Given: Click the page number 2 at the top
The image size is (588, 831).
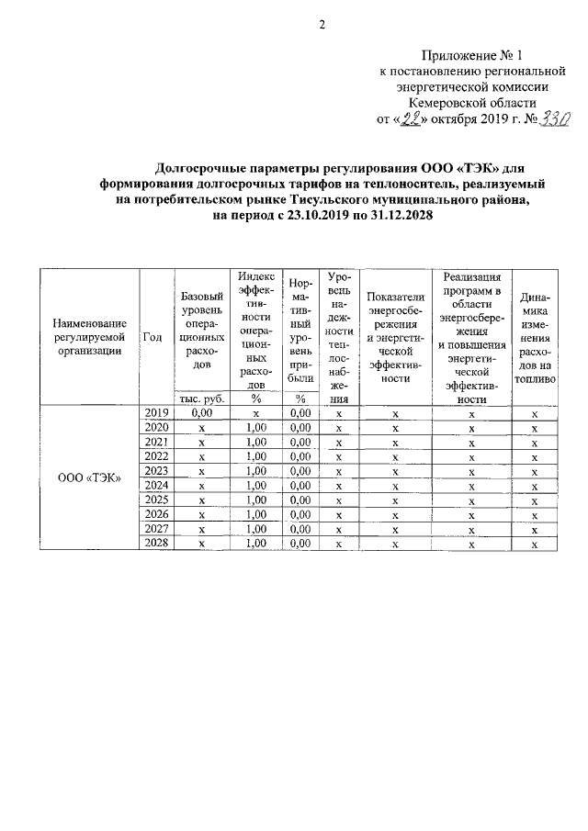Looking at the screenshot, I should (x=322, y=25).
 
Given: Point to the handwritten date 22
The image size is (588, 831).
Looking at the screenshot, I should (x=409, y=118).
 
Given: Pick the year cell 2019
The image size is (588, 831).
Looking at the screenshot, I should (x=156, y=413).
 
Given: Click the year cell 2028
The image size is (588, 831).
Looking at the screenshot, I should (x=156, y=543).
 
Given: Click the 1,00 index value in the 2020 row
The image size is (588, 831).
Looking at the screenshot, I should (x=257, y=428).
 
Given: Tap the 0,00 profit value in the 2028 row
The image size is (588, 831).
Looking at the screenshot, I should (x=300, y=543).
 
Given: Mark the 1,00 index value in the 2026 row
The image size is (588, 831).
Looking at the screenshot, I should (x=257, y=514).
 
